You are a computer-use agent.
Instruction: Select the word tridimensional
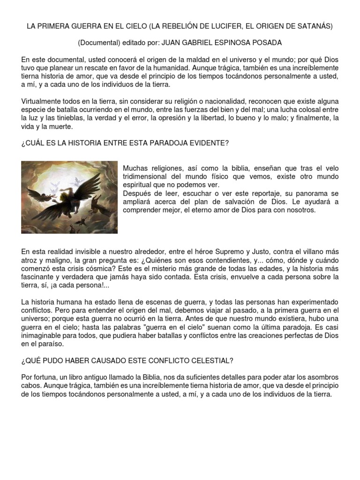tap(148, 177)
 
